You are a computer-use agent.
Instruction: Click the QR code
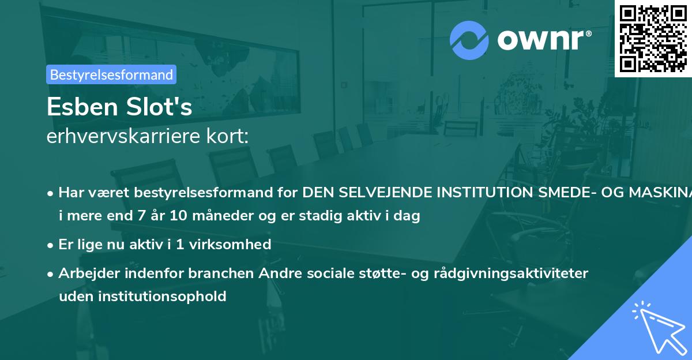pyautogui.click(x=652, y=38)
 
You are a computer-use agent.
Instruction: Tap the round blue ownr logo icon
pyautogui.click(x=469, y=40)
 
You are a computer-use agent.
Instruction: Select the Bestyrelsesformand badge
pyautogui.click(x=111, y=74)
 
